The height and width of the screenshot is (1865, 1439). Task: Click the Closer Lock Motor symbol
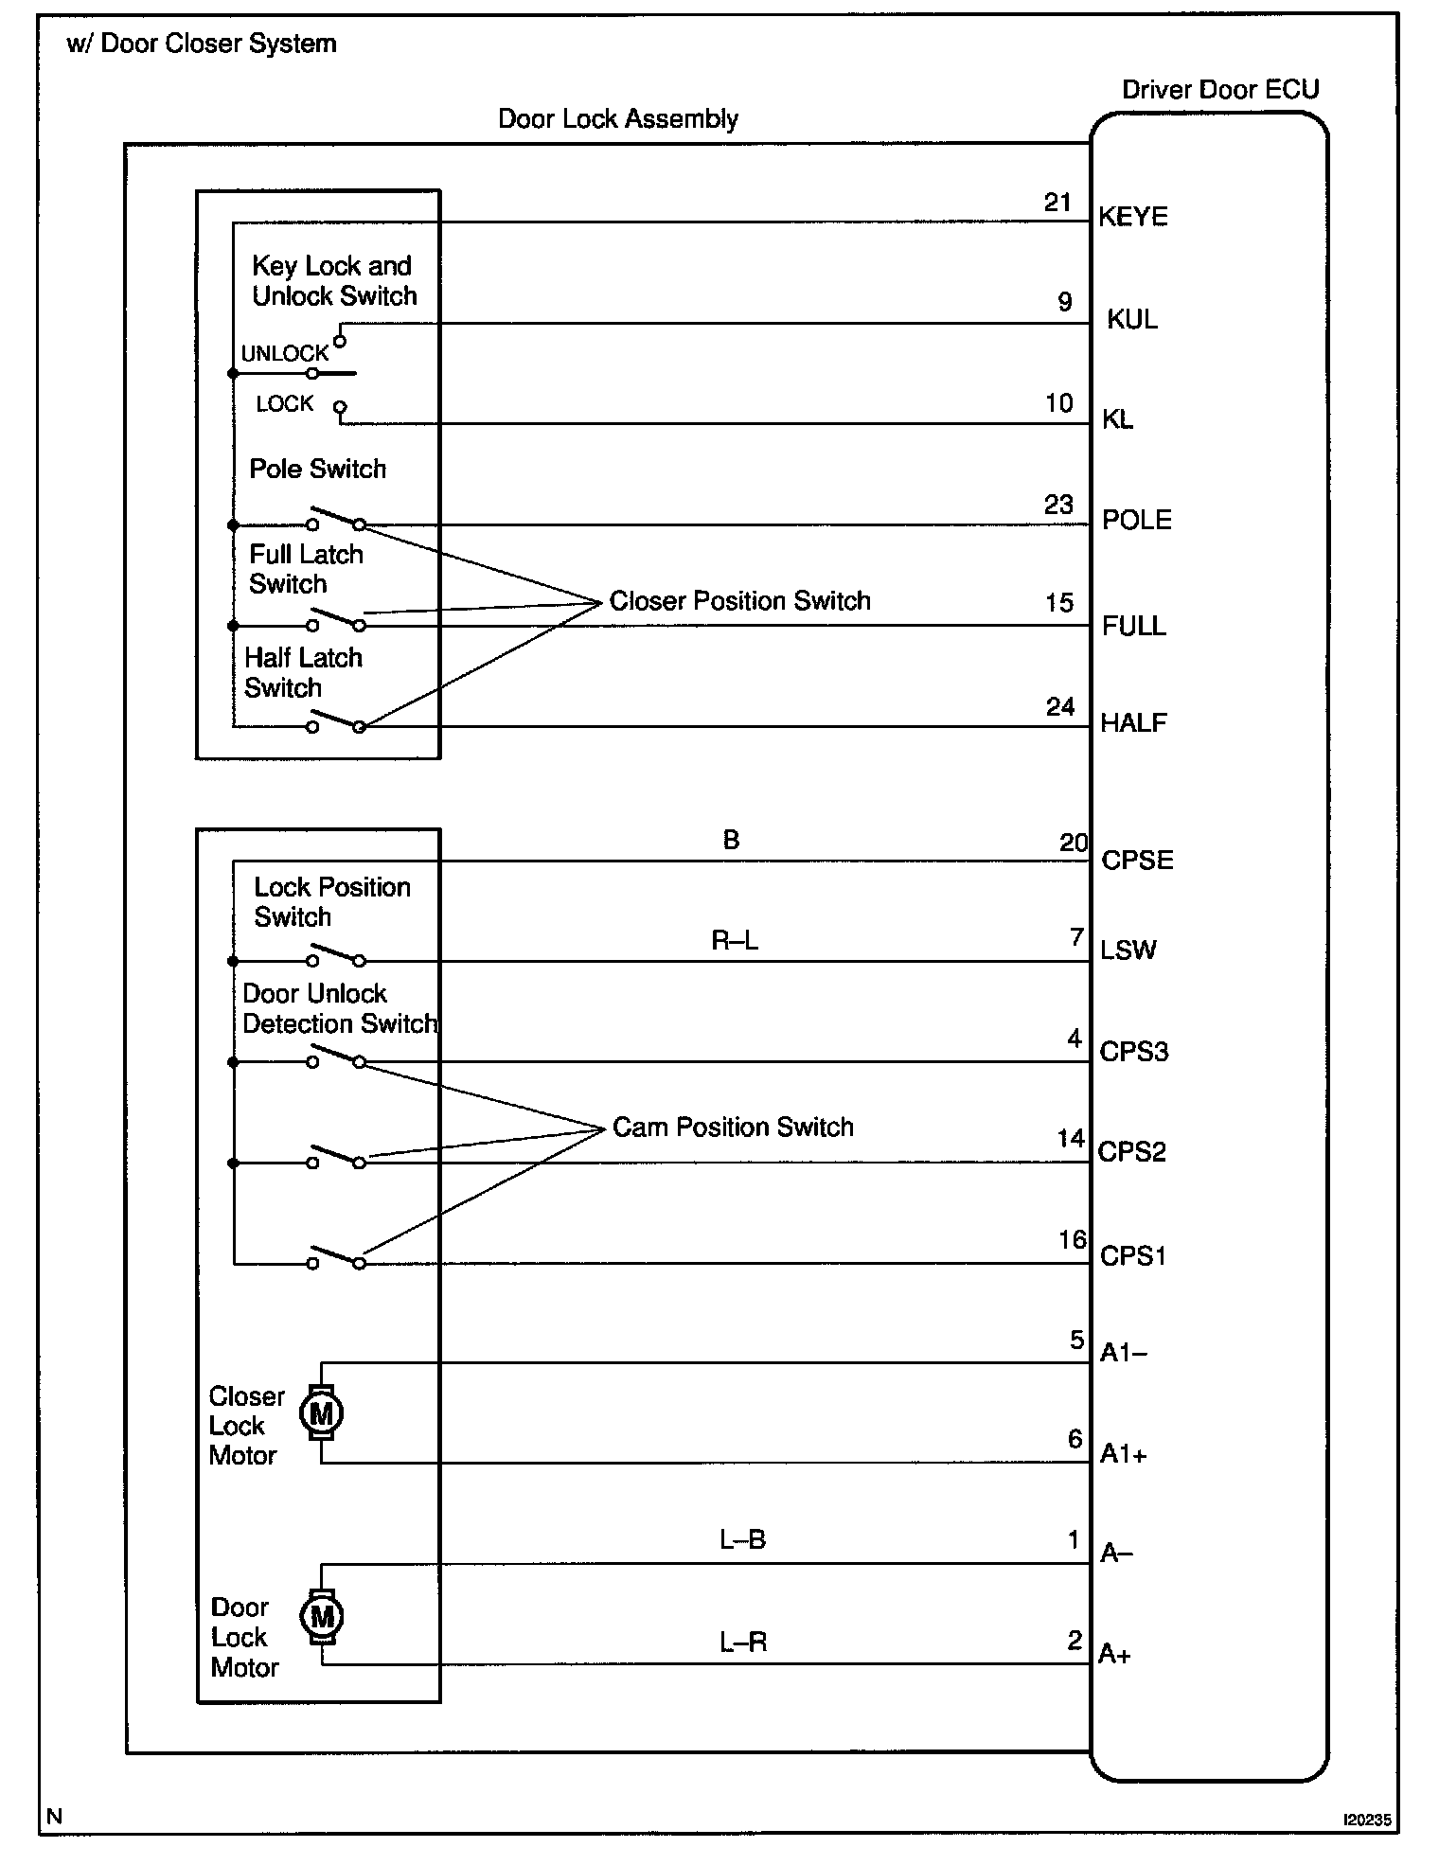[x=321, y=1413]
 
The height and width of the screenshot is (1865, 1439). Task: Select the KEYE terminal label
[x=1132, y=217]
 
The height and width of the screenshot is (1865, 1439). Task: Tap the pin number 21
[x=1057, y=202]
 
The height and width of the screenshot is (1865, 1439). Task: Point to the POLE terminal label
[x=1136, y=520]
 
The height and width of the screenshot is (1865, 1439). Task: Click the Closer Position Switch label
[x=739, y=600]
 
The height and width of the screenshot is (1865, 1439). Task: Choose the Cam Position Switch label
[x=733, y=1127]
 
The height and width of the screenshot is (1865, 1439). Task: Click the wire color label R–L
[x=735, y=940]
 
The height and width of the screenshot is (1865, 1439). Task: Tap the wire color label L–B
[x=742, y=1539]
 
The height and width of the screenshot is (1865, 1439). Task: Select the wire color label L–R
[x=742, y=1642]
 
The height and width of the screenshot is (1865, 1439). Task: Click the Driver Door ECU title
[x=1220, y=90]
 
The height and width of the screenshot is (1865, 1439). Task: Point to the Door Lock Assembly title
[x=618, y=119]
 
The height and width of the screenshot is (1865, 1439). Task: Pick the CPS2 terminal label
[x=1131, y=1152]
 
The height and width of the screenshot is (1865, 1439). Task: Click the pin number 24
[x=1060, y=706]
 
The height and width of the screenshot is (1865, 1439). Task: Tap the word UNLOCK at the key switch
[x=284, y=353]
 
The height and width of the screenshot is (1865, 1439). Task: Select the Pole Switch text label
[x=317, y=469]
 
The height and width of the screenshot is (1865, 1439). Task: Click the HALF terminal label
[x=1133, y=723]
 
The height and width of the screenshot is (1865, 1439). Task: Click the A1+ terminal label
[x=1123, y=1454]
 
